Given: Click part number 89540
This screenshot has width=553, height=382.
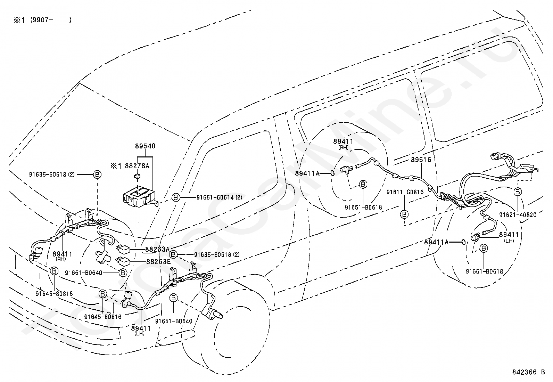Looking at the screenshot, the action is [x=145, y=146].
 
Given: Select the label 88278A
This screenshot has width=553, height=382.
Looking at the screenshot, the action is [x=137, y=166].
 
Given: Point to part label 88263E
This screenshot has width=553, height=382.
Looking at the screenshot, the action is [x=158, y=261].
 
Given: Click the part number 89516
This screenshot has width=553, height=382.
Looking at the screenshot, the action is [x=421, y=160].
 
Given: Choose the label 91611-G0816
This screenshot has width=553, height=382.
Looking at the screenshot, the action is [x=405, y=192].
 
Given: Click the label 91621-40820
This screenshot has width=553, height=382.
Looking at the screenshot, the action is [x=518, y=215].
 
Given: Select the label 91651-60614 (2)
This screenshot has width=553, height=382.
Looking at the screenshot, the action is [x=219, y=197].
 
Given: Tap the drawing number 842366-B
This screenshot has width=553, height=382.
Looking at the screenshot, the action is [x=528, y=372].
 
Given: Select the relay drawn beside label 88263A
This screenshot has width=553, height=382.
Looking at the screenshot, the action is [x=123, y=249].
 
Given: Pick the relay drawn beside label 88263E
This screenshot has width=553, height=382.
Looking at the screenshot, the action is [x=123, y=261].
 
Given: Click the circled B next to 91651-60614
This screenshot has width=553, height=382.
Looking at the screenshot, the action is [x=175, y=197].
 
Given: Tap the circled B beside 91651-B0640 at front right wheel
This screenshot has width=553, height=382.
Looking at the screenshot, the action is [x=123, y=273].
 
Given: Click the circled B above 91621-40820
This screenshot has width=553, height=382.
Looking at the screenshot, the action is [x=518, y=192].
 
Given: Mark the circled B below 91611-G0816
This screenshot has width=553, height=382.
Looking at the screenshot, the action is [x=404, y=214].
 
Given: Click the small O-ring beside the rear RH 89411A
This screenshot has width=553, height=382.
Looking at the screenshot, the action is [x=332, y=173].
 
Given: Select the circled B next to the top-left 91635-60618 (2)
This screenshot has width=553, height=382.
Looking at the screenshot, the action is [x=97, y=174].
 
